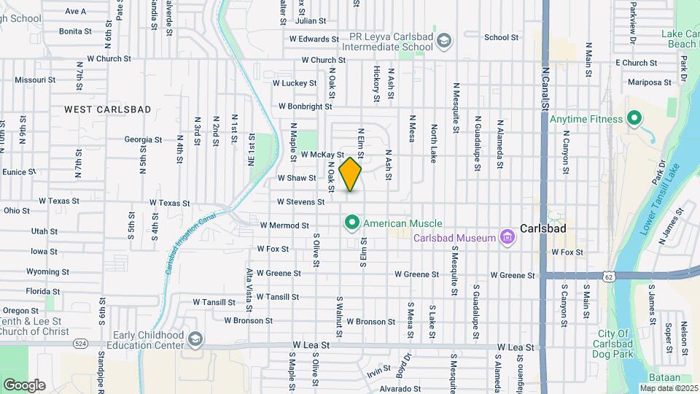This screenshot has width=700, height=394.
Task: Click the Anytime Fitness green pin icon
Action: [x=634, y=117]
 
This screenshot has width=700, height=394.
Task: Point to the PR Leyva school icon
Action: [x=443, y=42]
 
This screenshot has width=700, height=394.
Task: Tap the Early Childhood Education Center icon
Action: [x=195, y=340]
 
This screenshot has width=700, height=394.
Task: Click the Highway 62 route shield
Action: [x=608, y=277]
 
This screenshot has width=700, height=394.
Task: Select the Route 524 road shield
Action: [x=79, y=342]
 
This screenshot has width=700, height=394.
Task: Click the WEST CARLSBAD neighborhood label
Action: [x=107, y=109]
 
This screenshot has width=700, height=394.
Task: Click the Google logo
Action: [x=24, y=385]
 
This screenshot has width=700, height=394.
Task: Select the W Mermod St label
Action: [x=284, y=226]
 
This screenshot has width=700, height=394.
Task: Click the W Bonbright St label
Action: [x=306, y=107]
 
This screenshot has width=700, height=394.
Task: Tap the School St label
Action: [x=501, y=38]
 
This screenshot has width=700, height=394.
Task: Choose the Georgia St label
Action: [x=143, y=139]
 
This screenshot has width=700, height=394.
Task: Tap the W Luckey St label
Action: [x=295, y=83]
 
